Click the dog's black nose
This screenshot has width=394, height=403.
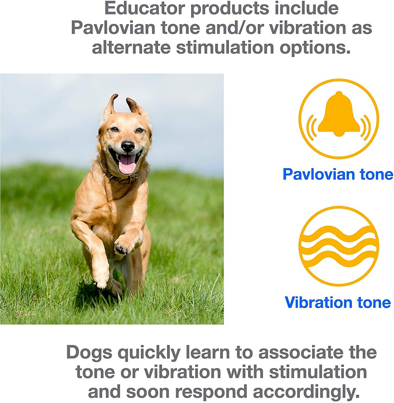127,146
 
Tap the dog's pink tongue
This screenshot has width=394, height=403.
127,164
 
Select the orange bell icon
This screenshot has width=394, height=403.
339,118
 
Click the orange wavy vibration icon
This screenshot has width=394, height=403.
339,246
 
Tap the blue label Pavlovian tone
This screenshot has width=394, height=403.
338,174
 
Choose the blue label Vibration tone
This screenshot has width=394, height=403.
338,302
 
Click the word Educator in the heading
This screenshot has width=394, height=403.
145,8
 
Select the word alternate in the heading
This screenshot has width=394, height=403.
131,48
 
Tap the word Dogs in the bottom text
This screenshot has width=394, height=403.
89,353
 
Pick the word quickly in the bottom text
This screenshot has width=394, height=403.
149,353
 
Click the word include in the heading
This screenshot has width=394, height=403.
306,8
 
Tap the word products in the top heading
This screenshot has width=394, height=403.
229,9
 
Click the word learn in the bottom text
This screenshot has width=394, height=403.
208,352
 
